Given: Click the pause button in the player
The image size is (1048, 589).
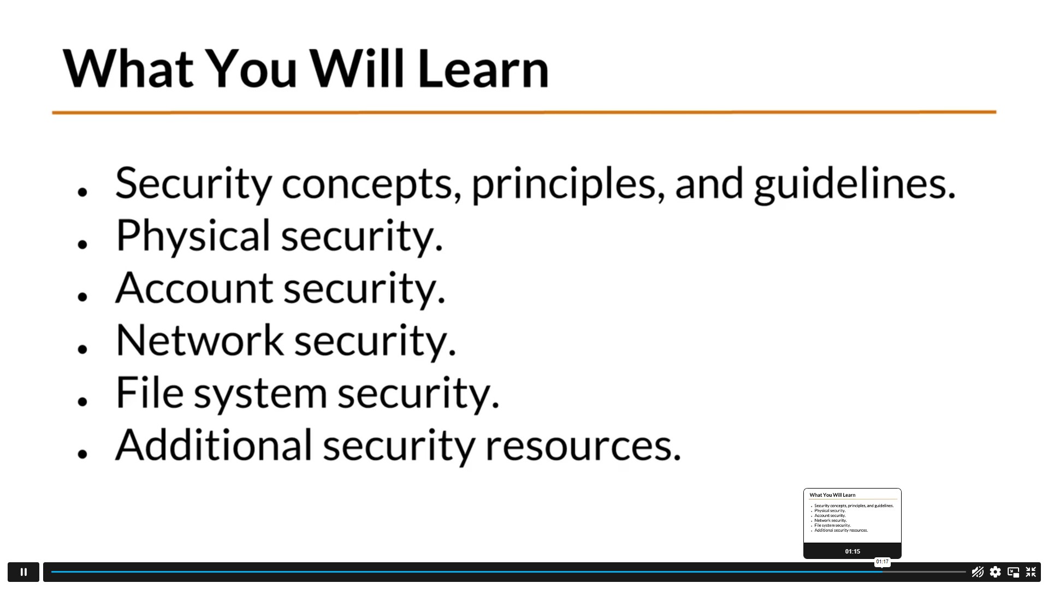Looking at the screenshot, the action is (23, 572).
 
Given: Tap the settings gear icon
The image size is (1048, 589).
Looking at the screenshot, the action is (995, 572).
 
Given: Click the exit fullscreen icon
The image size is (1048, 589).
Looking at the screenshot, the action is (1031, 572).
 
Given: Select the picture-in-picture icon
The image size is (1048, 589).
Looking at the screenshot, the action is (1013, 572).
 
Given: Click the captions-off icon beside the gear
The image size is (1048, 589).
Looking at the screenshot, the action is (978, 572).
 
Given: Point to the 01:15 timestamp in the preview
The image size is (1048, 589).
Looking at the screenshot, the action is (852, 551).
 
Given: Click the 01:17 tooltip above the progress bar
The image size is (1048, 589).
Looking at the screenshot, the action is (882, 562).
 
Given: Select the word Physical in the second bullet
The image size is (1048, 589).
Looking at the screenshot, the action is (193, 236).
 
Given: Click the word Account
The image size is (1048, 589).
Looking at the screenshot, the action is (194, 288).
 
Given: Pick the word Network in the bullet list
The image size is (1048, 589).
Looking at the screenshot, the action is (200, 340).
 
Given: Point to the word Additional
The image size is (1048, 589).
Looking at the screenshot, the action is (214, 444).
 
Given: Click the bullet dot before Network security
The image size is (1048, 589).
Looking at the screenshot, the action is (82, 348).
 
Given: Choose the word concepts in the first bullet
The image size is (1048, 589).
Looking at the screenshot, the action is (367, 185).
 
